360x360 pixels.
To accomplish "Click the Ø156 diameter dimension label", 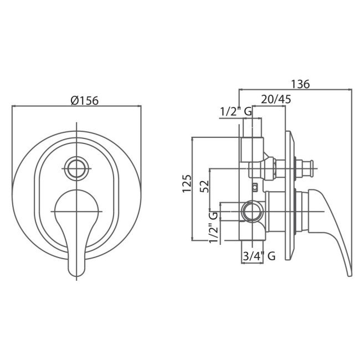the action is [x=85, y=100].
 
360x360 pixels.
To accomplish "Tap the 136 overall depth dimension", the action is [x=300, y=84].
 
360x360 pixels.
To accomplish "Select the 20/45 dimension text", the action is [x=276, y=99].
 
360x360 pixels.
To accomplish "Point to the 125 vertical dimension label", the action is [x=187, y=184].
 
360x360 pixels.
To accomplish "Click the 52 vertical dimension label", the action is [x=204, y=187].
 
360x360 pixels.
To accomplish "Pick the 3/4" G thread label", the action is [x=259, y=256].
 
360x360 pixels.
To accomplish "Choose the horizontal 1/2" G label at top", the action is [x=236, y=112].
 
